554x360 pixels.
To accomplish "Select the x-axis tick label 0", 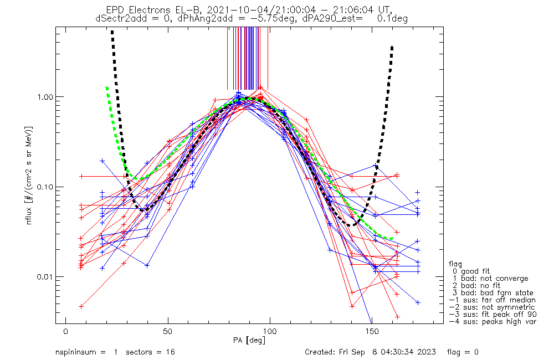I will (x=66, y=331).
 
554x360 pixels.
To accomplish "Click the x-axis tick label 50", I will (x=168, y=331).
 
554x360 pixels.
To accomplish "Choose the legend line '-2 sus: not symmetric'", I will (x=491, y=307).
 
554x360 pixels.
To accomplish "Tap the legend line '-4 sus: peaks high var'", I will (x=493, y=321).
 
